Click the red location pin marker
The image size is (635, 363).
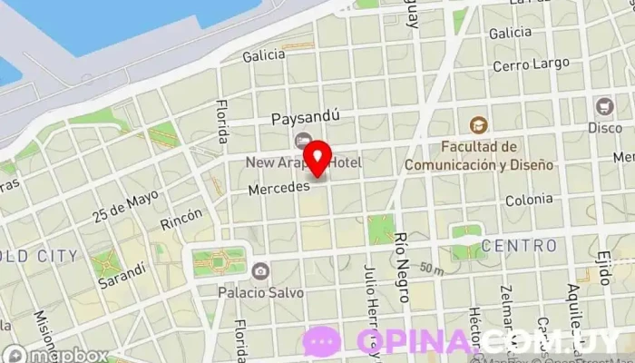point(317,159)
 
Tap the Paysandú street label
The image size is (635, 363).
point(306,117)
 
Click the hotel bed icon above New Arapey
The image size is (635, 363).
point(301,141)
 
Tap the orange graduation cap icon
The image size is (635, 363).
point(478,124)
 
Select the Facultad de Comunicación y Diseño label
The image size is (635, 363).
point(478,155)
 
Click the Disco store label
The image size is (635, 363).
point(604,128)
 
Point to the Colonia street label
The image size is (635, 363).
point(529,200)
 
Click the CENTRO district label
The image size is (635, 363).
point(519,246)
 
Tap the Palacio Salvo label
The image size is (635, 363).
point(260,293)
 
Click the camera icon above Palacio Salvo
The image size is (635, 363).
point(260,271)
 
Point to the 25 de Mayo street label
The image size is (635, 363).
point(125,207)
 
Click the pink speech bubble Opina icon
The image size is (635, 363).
point(322,340)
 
